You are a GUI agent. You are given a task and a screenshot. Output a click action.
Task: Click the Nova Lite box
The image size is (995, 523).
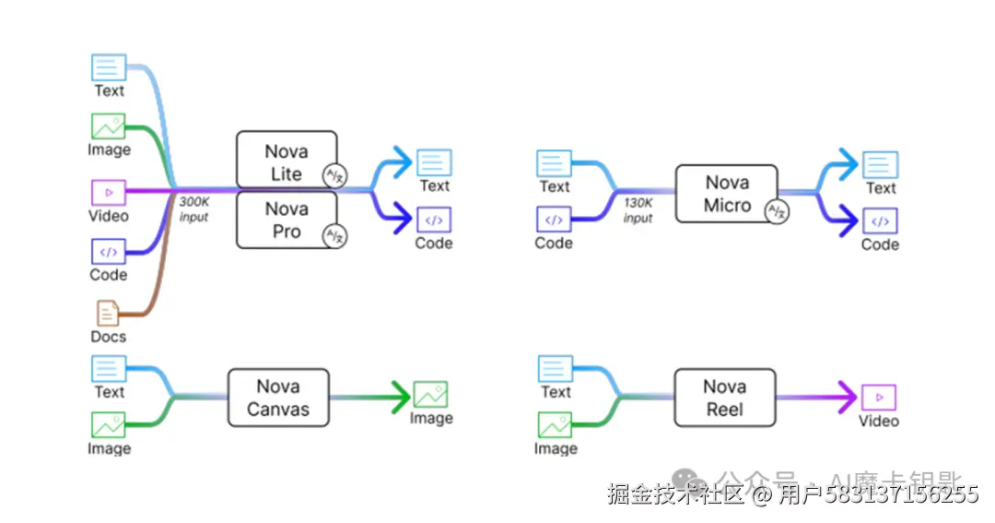pyautogui.click(x=286, y=160)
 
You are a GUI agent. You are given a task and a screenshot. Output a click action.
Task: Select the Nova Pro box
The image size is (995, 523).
pyautogui.click(x=286, y=220)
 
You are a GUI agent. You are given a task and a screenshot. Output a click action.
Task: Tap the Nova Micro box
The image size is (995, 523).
pyautogui.click(x=726, y=194)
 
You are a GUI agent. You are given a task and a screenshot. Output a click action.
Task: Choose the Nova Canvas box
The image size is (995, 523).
pyautogui.click(x=277, y=398)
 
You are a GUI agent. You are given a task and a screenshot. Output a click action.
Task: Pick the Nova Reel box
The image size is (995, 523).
pyautogui.click(x=724, y=398)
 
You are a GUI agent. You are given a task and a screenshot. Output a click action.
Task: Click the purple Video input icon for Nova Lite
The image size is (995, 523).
pyautogui.click(x=109, y=193)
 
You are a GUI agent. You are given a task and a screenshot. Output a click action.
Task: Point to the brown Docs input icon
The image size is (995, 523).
pyautogui.click(x=108, y=313)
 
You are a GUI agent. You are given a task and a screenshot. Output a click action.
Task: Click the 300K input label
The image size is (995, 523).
pyautogui.click(x=193, y=208)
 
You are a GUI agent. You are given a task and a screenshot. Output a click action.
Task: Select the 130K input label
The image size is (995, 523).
pyautogui.click(x=638, y=210)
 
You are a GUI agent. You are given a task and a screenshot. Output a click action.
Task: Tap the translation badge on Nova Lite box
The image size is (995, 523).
pyautogui.click(x=334, y=176)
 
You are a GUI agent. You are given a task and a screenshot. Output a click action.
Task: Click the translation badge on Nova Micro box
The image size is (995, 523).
pyautogui.click(x=778, y=212)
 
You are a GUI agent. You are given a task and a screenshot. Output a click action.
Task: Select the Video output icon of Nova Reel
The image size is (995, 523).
pyautogui.click(x=878, y=398)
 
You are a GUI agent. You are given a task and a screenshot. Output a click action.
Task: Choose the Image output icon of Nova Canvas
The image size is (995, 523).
pyautogui.click(x=430, y=395)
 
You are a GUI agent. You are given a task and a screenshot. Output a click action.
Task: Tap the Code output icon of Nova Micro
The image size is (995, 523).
pyautogui.click(x=880, y=221)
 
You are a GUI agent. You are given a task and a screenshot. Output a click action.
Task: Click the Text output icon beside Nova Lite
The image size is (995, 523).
pyautogui.click(x=434, y=162)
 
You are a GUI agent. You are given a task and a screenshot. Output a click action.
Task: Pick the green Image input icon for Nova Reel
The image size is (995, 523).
pyautogui.click(x=555, y=425)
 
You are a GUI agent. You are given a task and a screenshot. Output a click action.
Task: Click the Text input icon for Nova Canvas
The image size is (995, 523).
pyautogui.click(x=109, y=369)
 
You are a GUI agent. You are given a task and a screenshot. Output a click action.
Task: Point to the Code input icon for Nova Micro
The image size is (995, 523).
pyautogui.click(x=554, y=220)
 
